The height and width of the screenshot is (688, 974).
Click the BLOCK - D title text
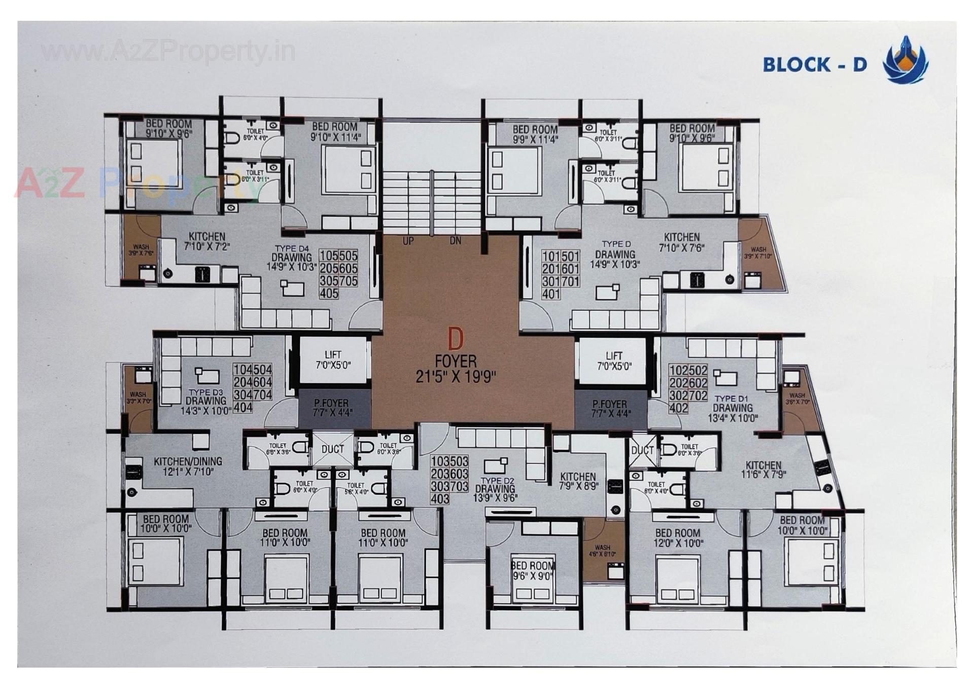(x=815, y=64)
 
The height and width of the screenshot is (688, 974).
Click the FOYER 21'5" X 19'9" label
(x=456, y=369)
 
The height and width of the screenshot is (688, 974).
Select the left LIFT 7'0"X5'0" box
(x=333, y=360)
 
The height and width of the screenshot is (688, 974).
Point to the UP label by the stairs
(x=408, y=241)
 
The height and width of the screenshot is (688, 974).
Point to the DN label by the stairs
(x=455, y=241)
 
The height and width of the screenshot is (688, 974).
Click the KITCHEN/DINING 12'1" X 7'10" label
(x=188, y=466)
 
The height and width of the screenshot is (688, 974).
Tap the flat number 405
(x=329, y=294)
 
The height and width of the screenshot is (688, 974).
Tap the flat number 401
(x=551, y=294)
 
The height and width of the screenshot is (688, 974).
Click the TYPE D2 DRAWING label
(x=496, y=489)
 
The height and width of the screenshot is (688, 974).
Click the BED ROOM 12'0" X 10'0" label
(x=677, y=538)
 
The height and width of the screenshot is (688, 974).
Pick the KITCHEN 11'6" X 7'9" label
(x=763, y=469)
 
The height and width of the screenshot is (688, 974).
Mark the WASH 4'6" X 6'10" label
(x=602, y=551)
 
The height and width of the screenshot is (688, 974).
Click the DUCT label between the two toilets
(x=332, y=449)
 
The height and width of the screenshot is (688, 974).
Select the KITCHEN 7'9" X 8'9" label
(x=578, y=481)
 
